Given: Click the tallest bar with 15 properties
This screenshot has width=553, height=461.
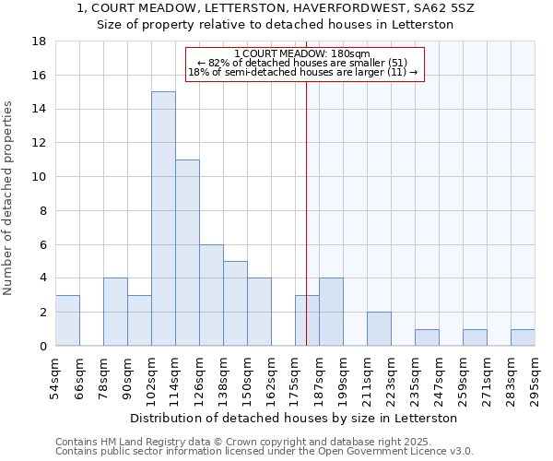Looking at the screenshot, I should [163, 219].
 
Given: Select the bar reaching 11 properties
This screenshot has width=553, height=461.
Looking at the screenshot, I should [187, 253].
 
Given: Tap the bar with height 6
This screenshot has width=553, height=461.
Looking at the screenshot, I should [211, 295].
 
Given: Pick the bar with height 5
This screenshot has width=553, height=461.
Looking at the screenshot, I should [235, 303].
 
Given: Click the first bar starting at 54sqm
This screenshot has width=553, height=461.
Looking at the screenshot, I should [67, 320].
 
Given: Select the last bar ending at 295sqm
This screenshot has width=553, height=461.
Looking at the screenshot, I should [523, 337].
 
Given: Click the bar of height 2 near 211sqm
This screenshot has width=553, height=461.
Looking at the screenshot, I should [379, 329].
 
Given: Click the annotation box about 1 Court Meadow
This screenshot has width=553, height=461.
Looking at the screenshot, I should [305, 64].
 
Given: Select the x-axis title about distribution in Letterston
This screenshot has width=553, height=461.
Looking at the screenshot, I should [295, 418].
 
